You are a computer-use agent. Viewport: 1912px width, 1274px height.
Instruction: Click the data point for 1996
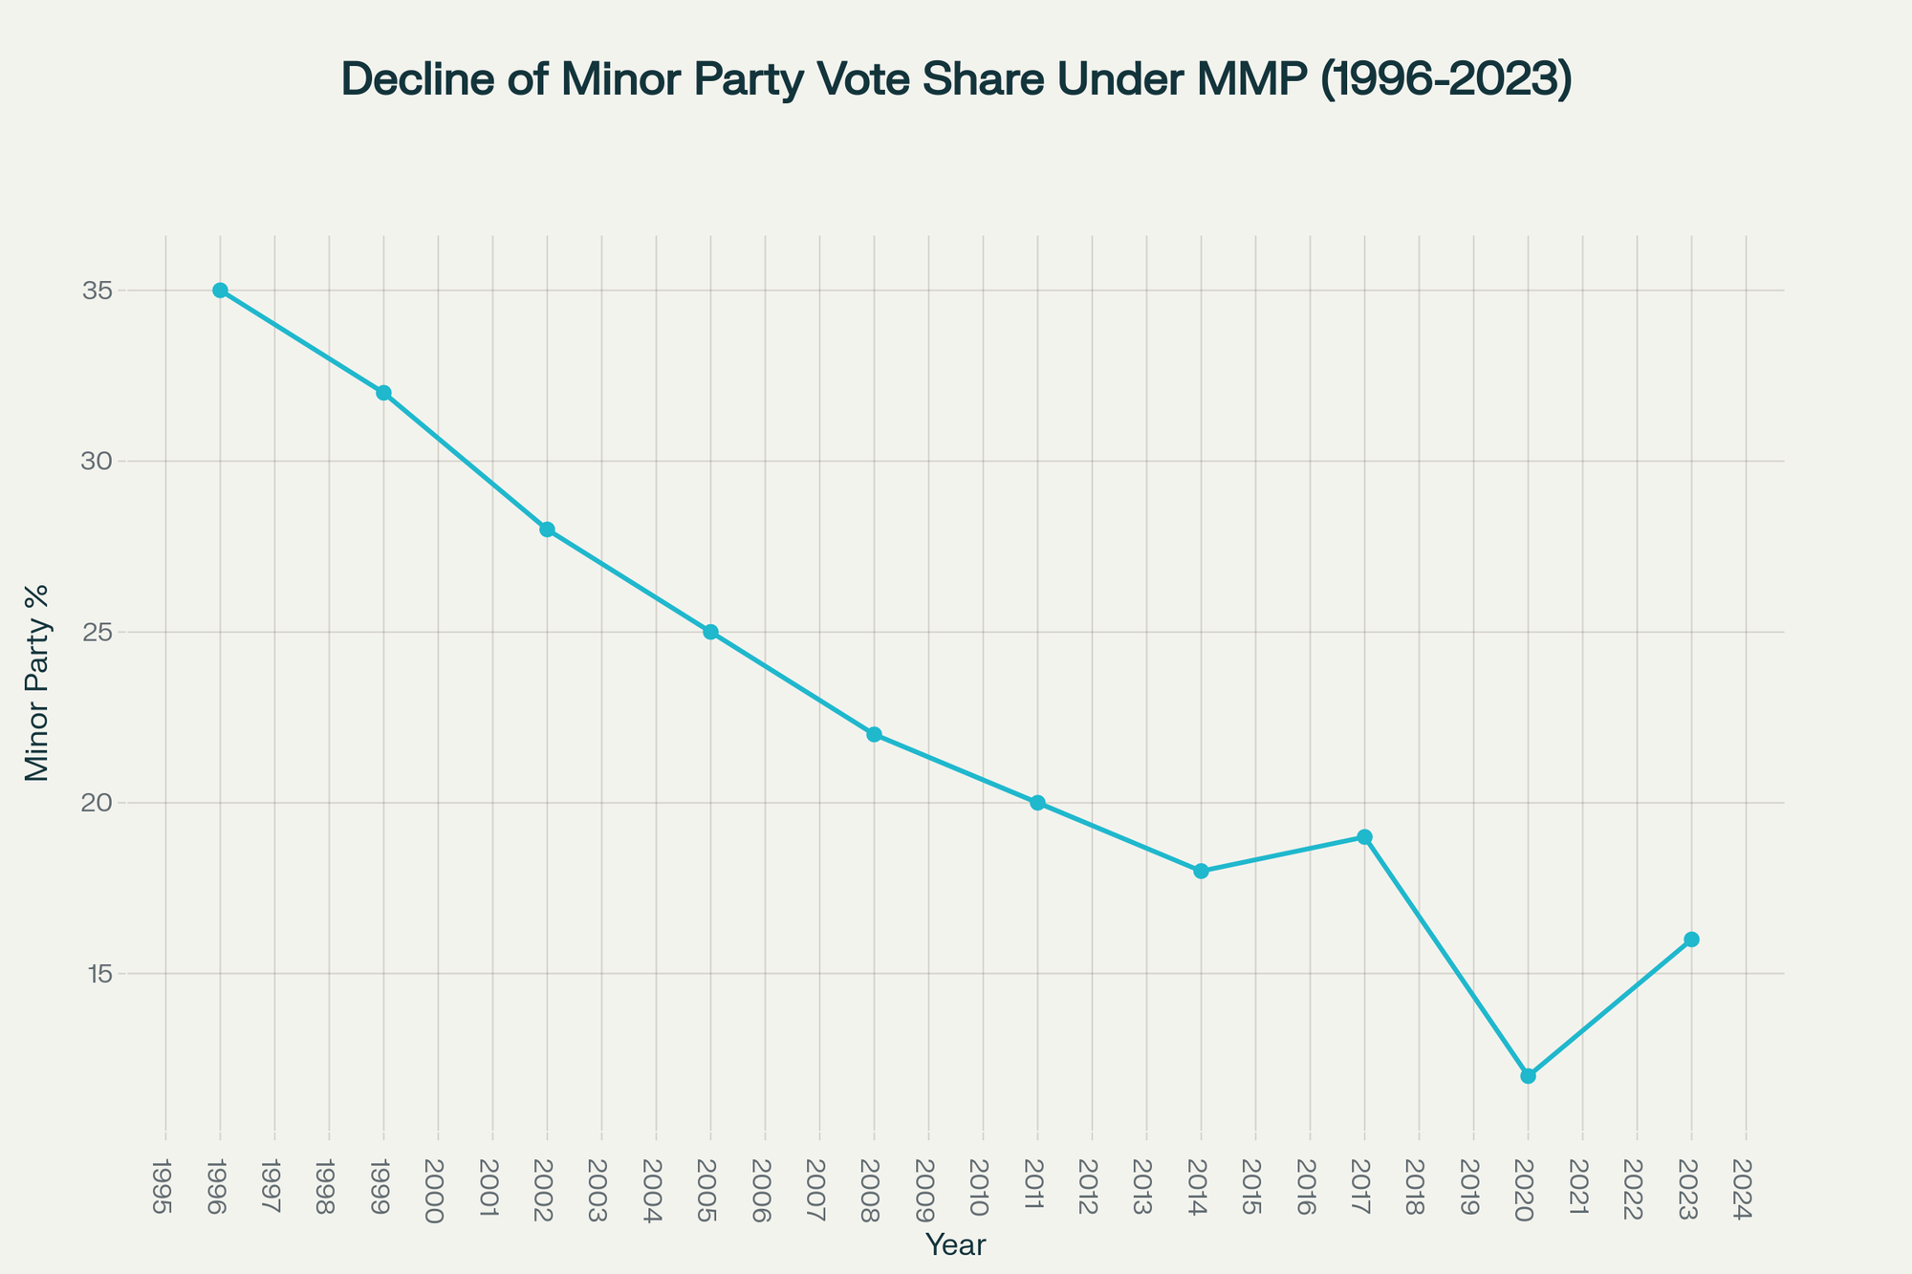pyautogui.click(x=220, y=291)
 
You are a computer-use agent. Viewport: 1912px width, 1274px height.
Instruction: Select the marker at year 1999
pyautogui.click(x=383, y=393)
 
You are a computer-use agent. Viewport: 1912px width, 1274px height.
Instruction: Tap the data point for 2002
pyautogui.click(x=547, y=529)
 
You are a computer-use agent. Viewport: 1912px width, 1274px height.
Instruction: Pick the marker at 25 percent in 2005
pyautogui.click(x=710, y=632)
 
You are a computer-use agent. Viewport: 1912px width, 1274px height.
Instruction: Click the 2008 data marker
pyautogui.click(x=874, y=734)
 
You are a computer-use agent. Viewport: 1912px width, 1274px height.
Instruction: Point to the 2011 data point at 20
pyautogui.click(x=1037, y=803)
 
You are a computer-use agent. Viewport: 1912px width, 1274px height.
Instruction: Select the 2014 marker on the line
pyautogui.click(x=1201, y=871)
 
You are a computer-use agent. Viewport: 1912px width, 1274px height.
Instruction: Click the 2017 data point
pyautogui.click(x=1364, y=837)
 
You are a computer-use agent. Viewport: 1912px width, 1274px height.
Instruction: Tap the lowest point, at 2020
pyautogui.click(x=1528, y=1076)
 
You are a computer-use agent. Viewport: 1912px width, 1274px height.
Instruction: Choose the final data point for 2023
pyautogui.click(x=1691, y=939)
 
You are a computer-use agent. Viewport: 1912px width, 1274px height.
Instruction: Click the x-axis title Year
pyautogui.click(x=956, y=1245)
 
